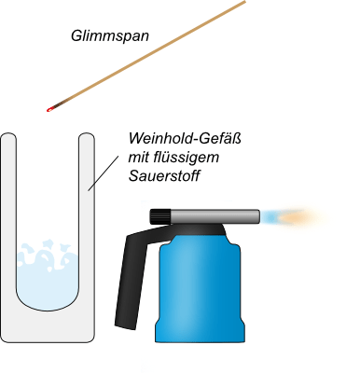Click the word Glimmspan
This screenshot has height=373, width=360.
(x=110, y=35)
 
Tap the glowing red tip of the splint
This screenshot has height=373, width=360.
(x=48, y=110)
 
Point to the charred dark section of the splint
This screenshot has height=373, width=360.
(x=59, y=104)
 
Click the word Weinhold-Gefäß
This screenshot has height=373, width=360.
(x=185, y=138)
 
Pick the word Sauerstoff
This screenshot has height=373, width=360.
(x=164, y=176)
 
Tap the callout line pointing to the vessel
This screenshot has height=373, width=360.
(x=103, y=173)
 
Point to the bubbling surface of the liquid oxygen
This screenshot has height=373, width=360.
(x=47, y=254)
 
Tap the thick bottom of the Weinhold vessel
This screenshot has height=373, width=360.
(x=48, y=326)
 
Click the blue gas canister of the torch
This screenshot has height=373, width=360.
(x=201, y=289)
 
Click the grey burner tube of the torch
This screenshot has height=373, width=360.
(x=215, y=216)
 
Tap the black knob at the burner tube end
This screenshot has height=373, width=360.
(x=160, y=216)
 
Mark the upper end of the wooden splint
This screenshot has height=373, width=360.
(x=244, y=2)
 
